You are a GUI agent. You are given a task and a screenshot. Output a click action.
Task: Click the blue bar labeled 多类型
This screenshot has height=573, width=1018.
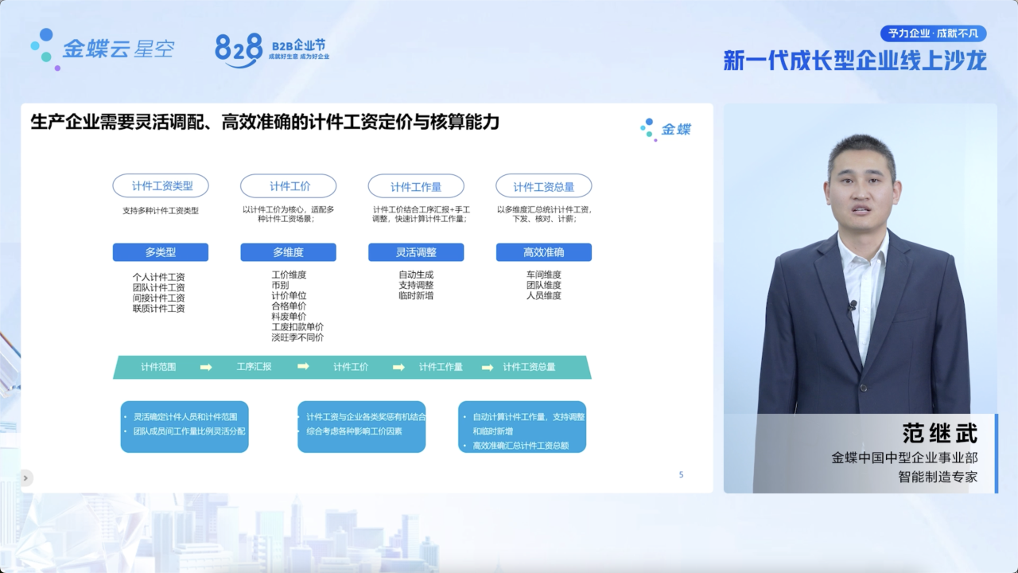pyautogui.click(x=161, y=252)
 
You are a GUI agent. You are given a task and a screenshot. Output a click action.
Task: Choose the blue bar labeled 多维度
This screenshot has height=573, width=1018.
pyautogui.click(x=288, y=252)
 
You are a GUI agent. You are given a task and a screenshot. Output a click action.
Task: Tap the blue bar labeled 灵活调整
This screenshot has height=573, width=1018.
pyautogui.click(x=416, y=252)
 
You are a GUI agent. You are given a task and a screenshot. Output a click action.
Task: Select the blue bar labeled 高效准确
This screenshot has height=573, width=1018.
pyautogui.click(x=543, y=252)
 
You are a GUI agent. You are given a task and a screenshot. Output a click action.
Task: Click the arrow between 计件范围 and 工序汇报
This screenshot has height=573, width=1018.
pyautogui.click(x=206, y=367)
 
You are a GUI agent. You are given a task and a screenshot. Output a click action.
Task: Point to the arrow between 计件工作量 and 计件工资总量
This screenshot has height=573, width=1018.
pyautogui.click(x=488, y=367)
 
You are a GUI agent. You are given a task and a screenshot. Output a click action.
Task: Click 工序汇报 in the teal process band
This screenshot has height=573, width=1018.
pyautogui.click(x=254, y=367)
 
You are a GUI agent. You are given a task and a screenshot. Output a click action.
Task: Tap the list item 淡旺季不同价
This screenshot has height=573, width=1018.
pyautogui.click(x=297, y=337)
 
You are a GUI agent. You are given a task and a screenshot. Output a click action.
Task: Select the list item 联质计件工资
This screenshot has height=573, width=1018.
pyautogui.click(x=158, y=308)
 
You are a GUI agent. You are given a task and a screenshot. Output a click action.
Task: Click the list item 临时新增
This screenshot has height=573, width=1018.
pyautogui.click(x=416, y=295)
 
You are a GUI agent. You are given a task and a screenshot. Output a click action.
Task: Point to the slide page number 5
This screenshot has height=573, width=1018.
pyautogui.click(x=682, y=475)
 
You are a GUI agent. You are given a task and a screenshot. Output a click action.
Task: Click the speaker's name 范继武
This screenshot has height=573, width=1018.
pyautogui.click(x=940, y=433)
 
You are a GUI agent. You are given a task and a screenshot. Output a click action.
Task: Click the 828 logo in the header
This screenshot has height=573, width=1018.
pyautogui.click(x=239, y=50)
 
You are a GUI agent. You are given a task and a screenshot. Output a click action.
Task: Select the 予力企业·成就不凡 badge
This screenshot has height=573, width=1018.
pyautogui.click(x=933, y=33)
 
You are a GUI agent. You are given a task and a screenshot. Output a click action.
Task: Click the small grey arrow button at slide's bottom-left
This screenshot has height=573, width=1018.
pyautogui.click(x=26, y=478)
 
